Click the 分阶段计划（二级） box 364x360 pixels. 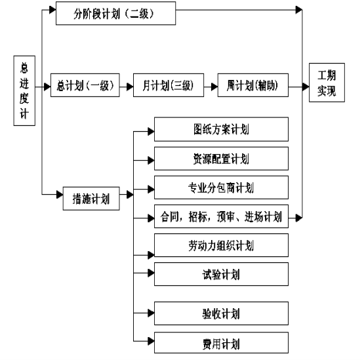[x=115, y=13]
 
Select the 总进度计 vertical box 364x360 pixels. [x=24, y=90]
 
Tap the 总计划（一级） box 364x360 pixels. [x=85, y=85]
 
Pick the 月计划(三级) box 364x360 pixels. [x=169, y=85]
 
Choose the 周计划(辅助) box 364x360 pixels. [x=253, y=85]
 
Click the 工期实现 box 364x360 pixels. [x=327, y=83]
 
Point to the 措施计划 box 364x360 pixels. [x=91, y=199]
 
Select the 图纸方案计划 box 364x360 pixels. [x=221, y=129]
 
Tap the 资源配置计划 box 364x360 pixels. [x=221, y=159]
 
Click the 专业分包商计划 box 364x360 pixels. [x=221, y=188]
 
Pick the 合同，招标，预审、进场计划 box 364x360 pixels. [x=221, y=216]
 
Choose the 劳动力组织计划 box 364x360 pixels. [x=221, y=245]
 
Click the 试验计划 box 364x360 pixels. [x=221, y=274]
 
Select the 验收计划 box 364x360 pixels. [x=221, y=313]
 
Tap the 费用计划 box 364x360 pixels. [x=221, y=342]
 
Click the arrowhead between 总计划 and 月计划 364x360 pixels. [x=130, y=87]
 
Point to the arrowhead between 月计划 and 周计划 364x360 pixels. [x=214, y=87]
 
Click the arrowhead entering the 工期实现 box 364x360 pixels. [x=306, y=87]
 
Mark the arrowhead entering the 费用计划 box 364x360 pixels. [x=151, y=341]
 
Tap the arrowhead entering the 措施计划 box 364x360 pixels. [x=60, y=195]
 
